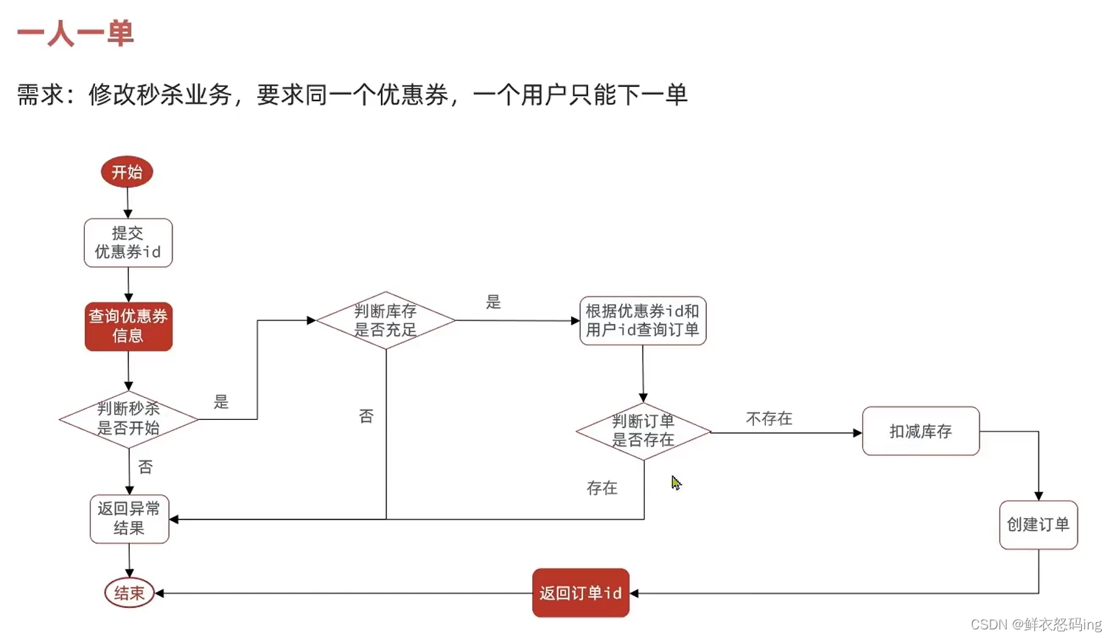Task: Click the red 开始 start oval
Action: pos(127,172)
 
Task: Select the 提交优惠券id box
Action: pos(128,243)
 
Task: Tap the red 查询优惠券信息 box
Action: pos(128,326)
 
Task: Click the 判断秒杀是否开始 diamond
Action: pos(128,418)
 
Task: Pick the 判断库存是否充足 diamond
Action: pos(385,320)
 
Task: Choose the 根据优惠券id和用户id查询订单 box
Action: pos(643,321)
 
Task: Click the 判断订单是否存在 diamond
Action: pos(643,431)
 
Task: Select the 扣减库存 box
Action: pos(921,431)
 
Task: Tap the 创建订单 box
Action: pos(1038,525)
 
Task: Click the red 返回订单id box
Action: pos(581,593)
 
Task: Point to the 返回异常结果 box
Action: pos(129,519)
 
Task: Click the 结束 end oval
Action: pos(129,593)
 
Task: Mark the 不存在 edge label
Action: pos(769,419)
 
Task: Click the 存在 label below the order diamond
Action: pos(602,488)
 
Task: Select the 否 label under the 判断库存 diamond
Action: pos(366,416)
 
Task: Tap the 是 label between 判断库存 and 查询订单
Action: pos(493,302)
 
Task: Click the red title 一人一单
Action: pos(75,33)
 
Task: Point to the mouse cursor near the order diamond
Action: pos(676,483)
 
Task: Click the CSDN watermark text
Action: pos(1036,624)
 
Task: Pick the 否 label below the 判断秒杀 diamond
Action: pos(146,467)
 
